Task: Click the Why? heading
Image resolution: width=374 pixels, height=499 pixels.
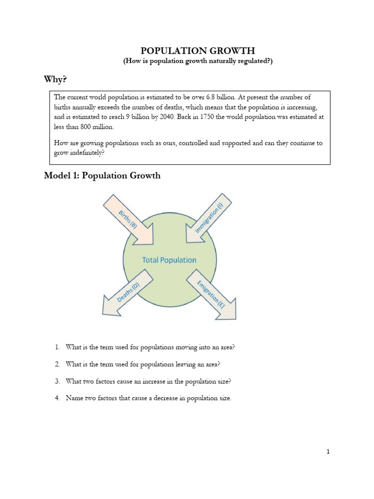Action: pyautogui.click(x=57, y=79)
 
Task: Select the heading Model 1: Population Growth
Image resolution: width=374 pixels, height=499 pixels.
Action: pyautogui.click(x=102, y=176)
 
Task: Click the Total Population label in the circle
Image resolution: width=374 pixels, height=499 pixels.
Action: pyautogui.click(x=169, y=260)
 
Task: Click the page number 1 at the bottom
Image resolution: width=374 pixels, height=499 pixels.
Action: pyautogui.click(x=328, y=452)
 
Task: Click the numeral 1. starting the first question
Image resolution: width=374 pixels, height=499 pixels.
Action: pyautogui.click(x=57, y=347)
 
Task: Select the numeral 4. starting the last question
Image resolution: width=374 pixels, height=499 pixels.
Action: pyautogui.click(x=57, y=398)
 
